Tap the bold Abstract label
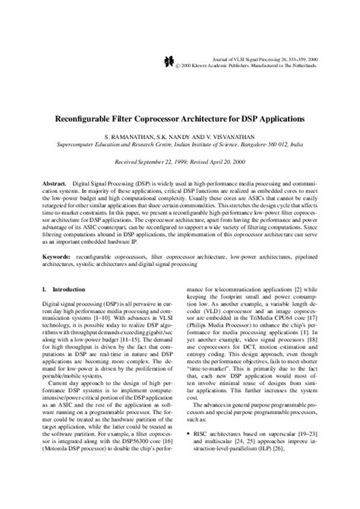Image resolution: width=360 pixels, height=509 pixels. (54, 184)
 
